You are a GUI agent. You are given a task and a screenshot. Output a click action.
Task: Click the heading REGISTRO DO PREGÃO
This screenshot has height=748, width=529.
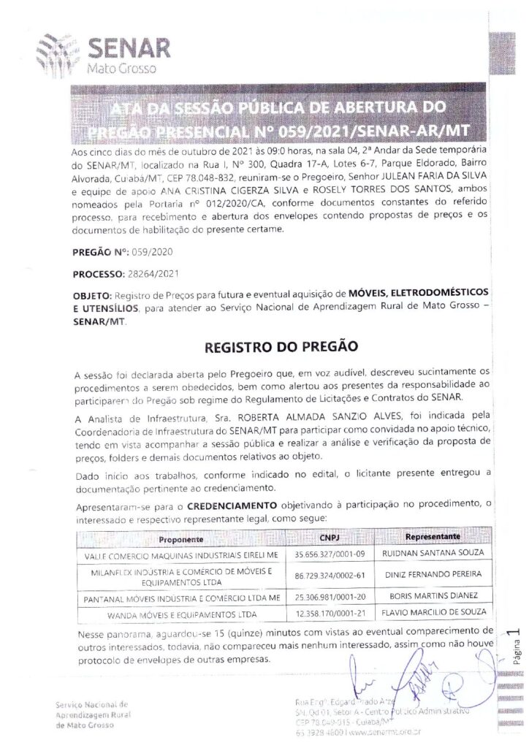pyautogui.click(x=264, y=344)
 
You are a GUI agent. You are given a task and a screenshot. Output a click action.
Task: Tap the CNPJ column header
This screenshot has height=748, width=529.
pyautogui.click(x=330, y=537)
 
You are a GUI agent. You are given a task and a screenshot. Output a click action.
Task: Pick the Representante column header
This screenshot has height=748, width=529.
pyautogui.click(x=432, y=537)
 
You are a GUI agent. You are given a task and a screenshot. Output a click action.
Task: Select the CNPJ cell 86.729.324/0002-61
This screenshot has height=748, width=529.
pyautogui.click(x=330, y=576)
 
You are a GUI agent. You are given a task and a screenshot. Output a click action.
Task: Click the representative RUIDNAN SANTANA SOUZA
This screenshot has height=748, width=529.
pyautogui.click(x=433, y=553)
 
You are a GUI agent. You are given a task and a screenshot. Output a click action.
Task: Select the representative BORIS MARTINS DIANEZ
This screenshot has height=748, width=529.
pyautogui.click(x=433, y=596)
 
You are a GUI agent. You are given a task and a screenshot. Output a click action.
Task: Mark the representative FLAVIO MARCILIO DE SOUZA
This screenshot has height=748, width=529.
pyautogui.click(x=433, y=611)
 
